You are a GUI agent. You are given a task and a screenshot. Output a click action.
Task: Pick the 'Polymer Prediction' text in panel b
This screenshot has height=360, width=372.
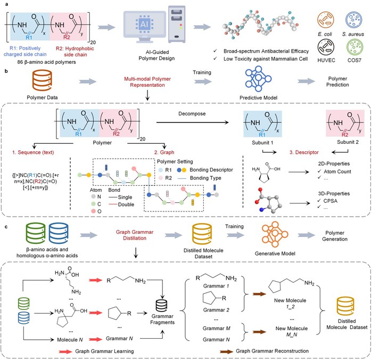pyautogui.click(x=326, y=80)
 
